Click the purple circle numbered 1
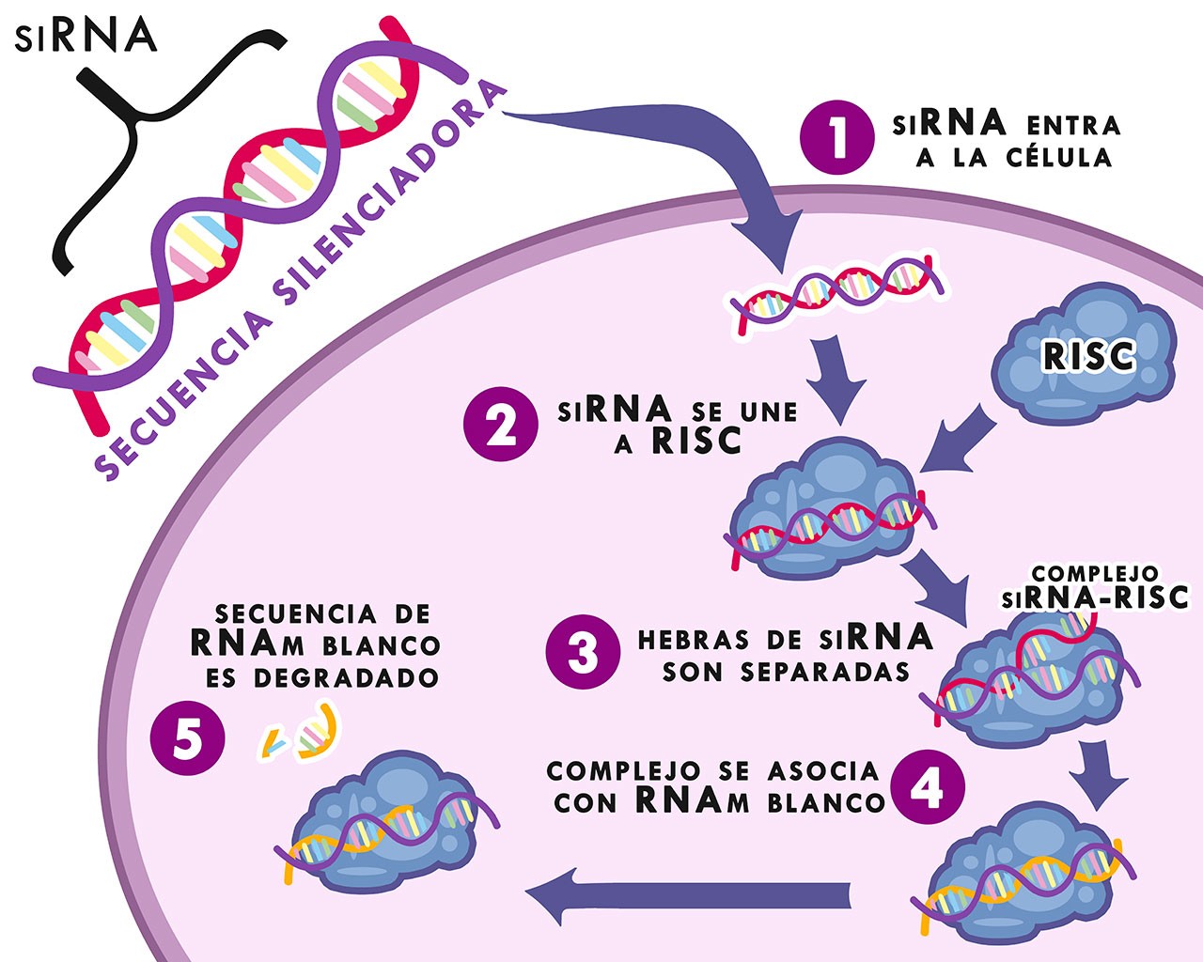837,138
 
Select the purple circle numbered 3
583,653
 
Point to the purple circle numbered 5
187,739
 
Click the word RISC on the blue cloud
1089,357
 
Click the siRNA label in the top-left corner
86,35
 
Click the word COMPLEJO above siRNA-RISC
1095,573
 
